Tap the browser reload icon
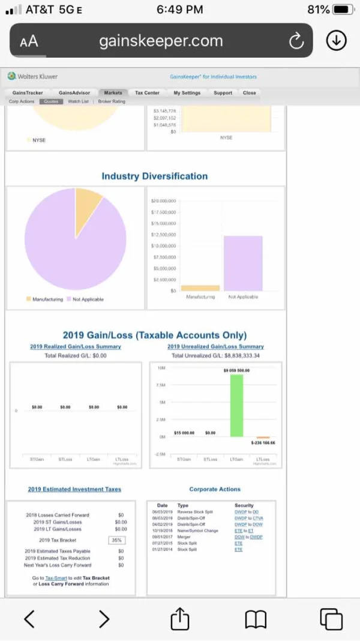[x=296, y=41]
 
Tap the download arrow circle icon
[x=336, y=40]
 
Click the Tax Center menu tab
[x=147, y=93]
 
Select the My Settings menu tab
[x=187, y=93]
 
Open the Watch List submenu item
[x=78, y=101]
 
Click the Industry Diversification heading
[x=154, y=176]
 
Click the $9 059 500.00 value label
[x=236, y=370]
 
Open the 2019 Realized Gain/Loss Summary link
[x=76, y=346]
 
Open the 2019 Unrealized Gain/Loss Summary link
[x=215, y=346]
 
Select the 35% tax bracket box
[x=117, y=540]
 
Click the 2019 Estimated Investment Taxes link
[x=74, y=489]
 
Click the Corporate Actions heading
[x=215, y=489]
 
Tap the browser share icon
[x=180, y=619]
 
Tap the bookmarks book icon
[x=256, y=619]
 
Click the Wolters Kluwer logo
[x=33, y=76]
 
